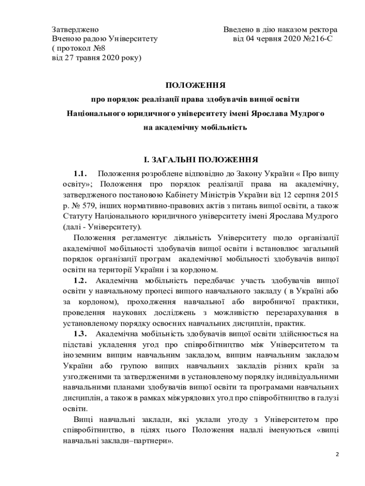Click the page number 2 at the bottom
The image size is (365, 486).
338,455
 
